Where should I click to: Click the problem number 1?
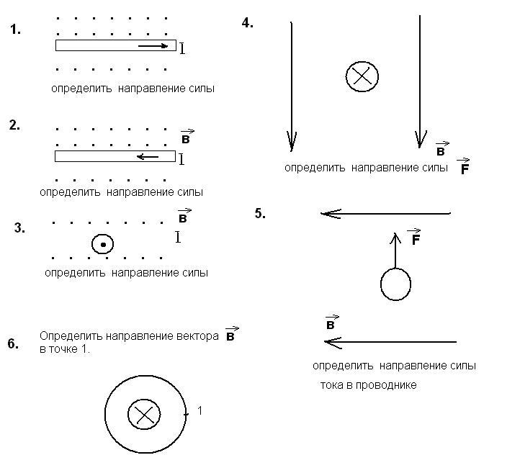(x=16, y=30)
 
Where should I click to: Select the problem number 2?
(x=14, y=125)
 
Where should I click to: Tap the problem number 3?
(x=19, y=228)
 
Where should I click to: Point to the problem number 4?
(x=247, y=23)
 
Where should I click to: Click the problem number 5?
(x=260, y=213)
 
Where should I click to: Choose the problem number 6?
(x=13, y=343)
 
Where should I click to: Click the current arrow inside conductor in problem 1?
(x=152, y=46)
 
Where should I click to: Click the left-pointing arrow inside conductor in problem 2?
(x=148, y=156)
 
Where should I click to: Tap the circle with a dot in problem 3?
(x=103, y=245)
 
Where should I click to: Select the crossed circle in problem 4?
(x=362, y=76)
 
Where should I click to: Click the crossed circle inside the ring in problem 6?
(x=143, y=414)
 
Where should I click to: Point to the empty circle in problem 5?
(x=395, y=284)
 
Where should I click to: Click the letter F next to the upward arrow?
(x=415, y=239)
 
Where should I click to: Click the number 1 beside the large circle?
(x=200, y=410)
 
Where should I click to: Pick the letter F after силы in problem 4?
(x=464, y=168)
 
